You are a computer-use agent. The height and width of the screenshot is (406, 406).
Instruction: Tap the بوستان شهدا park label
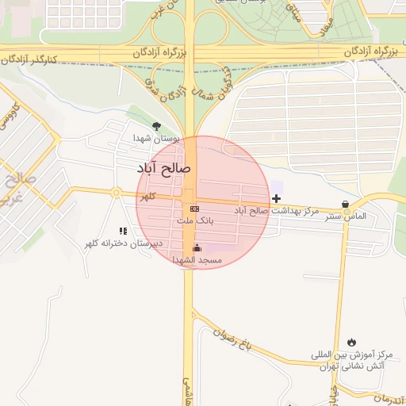pyautogui.click(x=156, y=139)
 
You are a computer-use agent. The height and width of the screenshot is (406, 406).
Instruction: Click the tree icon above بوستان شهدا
pyautogui.click(x=156, y=125)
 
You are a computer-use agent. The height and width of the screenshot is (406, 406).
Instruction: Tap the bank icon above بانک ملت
pyautogui.click(x=195, y=208)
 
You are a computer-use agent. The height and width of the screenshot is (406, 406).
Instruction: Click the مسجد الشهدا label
pyautogui.click(x=205, y=260)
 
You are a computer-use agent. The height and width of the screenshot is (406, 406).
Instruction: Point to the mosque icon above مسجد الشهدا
pyautogui.click(x=197, y=247)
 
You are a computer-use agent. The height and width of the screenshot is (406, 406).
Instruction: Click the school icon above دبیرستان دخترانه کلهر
pyautogui.click(x=123, y=231)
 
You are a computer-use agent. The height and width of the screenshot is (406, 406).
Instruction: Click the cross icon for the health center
pyautogui.click(x=276, y=197)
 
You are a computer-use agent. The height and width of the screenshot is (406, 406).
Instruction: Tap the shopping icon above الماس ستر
pyautogui.click(x=344, y=203)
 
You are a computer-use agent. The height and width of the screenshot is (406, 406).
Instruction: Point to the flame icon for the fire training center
pyautogui.click(x=351, y=342)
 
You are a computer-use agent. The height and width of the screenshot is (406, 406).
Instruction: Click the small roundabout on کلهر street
pyautogui.click(x=116, y=193)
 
